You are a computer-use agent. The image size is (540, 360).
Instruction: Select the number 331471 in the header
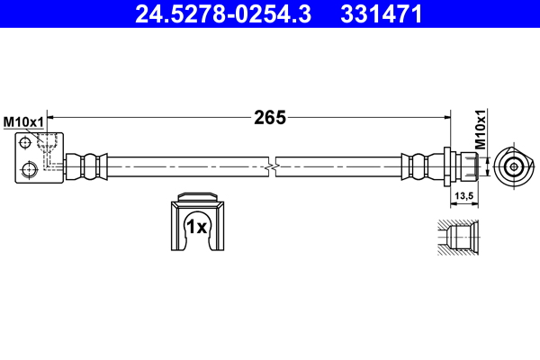[x=380, y=14]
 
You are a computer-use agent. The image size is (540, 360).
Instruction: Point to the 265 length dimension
[x=269, y=117]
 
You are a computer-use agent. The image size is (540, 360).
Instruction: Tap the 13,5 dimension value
[x=464, y=195]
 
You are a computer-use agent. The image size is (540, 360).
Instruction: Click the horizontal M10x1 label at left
[x=23, y=121]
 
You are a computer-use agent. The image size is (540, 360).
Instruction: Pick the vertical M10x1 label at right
[x=480, y=130]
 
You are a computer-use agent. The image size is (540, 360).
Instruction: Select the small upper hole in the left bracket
[x=26, y=141]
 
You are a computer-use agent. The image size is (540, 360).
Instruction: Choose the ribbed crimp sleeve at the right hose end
[x=418, y=166]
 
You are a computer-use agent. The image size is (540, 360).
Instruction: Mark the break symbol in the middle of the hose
[x=271, y=166]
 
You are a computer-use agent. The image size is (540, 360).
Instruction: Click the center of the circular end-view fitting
[x=513, y=166]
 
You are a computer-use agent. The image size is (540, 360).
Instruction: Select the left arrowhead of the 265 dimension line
[x=51, y=117]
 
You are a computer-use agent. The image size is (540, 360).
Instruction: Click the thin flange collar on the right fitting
[x=446, y=166]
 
